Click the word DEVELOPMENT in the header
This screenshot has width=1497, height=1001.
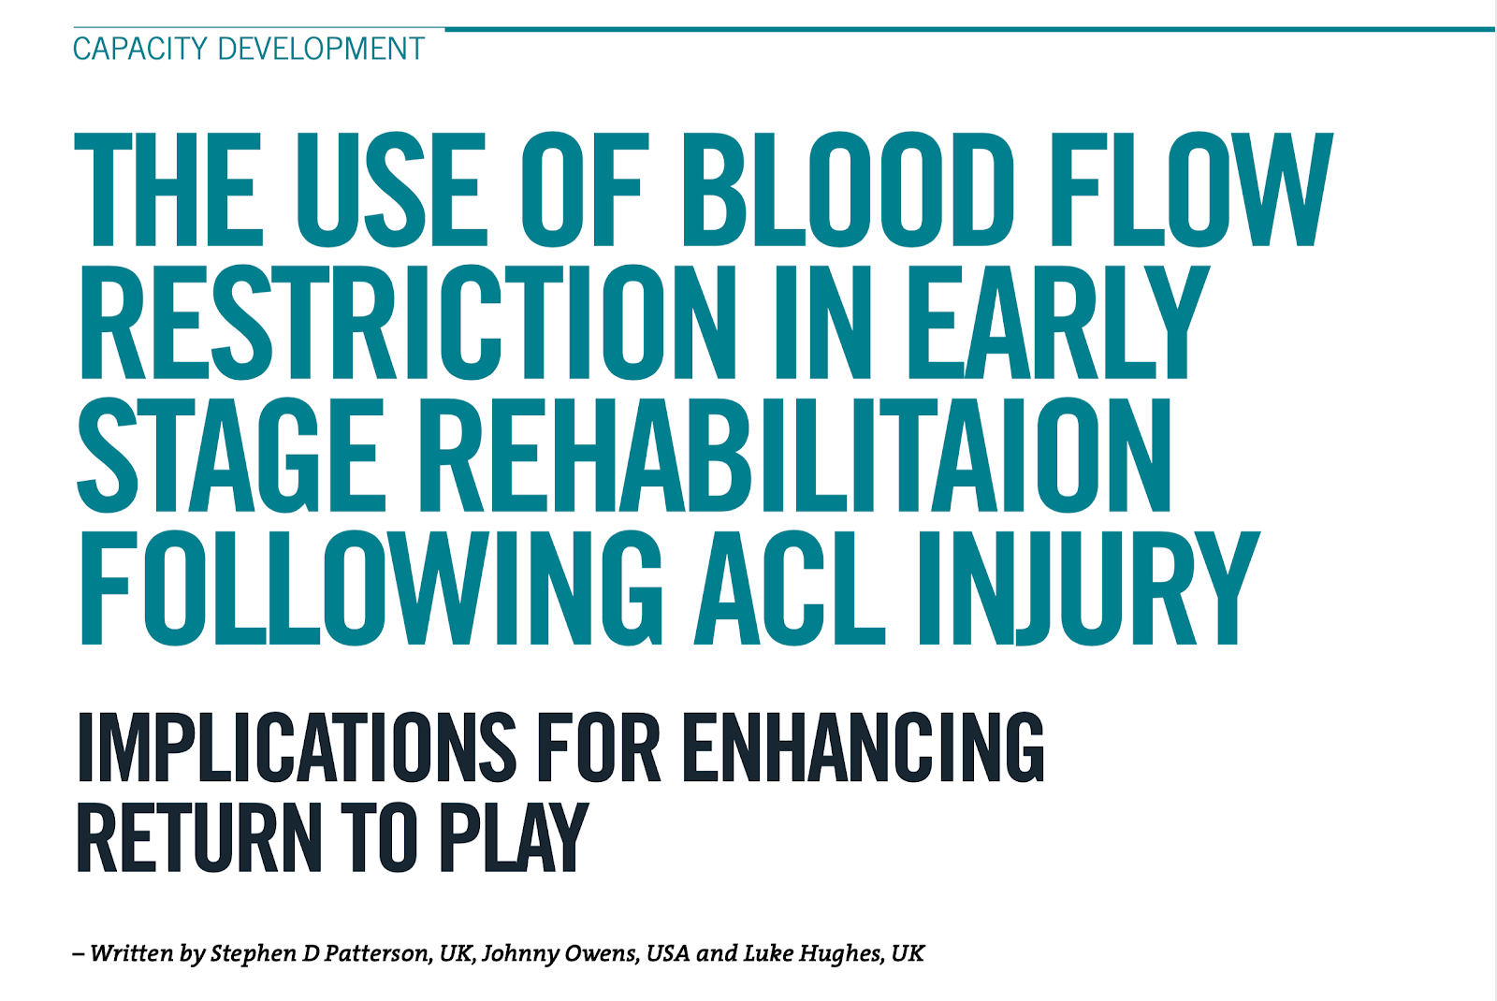pyautogui.click(x=321, y=50)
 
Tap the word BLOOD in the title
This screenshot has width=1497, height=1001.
pyautogui.click(x=848, y=190)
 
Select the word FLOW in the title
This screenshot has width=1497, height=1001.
pyautogui.click(x=1192, y=190)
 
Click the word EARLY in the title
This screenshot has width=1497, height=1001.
pyautogui.click(x=1058, y=323)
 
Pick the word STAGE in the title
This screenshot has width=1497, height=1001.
pyautogui.click(x=231, y=456)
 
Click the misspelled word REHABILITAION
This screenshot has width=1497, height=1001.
pyautogui.click(x=794, y=456)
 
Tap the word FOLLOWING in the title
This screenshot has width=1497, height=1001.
pyautogui.click(x=371, y=588)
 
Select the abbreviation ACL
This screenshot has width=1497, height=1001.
pyautogui.click(x=790, y=588)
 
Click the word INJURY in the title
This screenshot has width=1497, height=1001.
pyautogui.click(x=1089, y=588)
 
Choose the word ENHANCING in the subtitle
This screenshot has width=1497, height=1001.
pyautogui.click(x=864, y=747)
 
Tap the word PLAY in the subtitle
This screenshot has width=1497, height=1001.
pyautogui.click(x=514, y=837)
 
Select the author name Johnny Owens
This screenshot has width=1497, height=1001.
pyautogui.click(x=559, y=954)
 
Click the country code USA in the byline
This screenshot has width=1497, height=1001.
pyautogui.click(x=668, y=953)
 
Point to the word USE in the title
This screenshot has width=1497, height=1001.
pyautogui.click(x=392, y=190)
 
